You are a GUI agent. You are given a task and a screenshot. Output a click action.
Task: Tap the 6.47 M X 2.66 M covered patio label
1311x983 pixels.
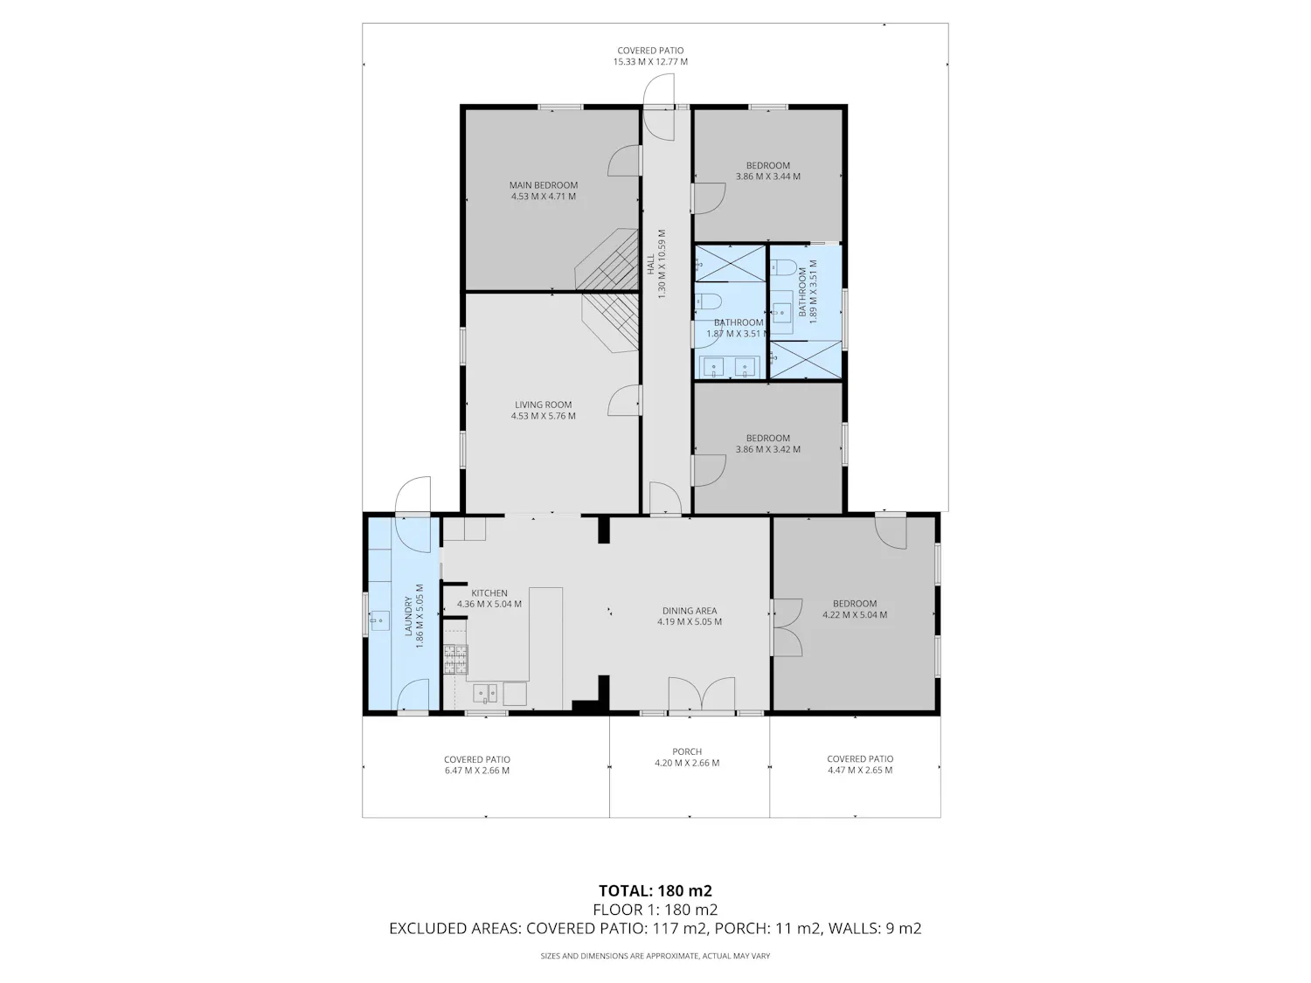(x=476, y=771)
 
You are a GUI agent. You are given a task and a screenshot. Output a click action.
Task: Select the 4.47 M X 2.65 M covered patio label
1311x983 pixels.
(x=860, y=770)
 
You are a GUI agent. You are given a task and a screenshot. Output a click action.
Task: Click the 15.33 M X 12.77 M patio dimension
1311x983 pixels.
(x=650, y=61)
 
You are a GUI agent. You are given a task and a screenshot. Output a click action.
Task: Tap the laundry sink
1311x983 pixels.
(x=379, y=620)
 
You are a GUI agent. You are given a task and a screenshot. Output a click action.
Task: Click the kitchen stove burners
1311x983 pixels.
(x=455, y=660)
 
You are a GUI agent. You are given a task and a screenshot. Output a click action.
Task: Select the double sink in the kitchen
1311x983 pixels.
(x=485, y=694)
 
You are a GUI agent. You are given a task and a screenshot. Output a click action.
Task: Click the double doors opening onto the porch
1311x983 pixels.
(x=701, y=694)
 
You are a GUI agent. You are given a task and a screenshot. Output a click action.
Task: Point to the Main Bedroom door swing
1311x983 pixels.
(x=623, y=161)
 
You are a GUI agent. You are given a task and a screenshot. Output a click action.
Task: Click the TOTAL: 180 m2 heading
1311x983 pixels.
(x=655, y=891)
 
